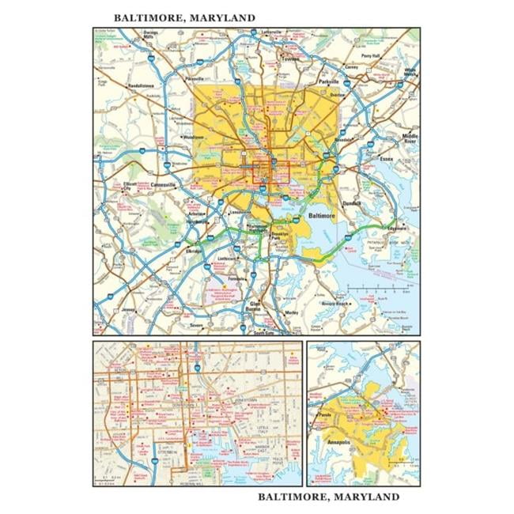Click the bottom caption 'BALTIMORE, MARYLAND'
328,497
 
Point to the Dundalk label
351,203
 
